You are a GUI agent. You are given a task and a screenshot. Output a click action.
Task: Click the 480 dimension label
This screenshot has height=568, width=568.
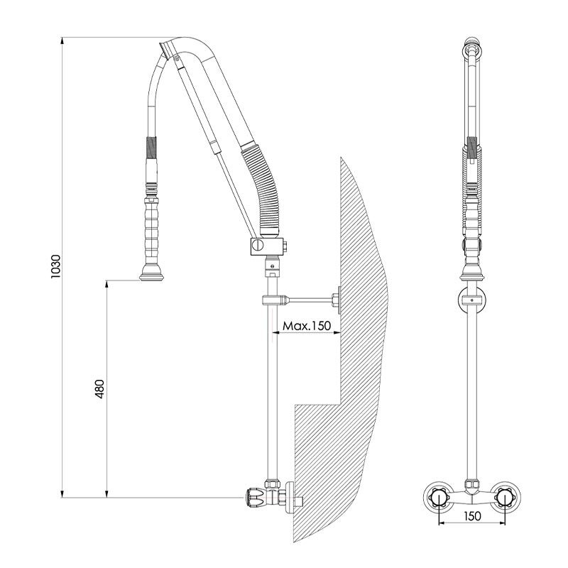point(100,388)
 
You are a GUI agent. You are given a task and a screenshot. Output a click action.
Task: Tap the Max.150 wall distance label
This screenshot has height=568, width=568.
point(307,326)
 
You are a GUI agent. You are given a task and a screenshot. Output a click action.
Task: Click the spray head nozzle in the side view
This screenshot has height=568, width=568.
point(151,275)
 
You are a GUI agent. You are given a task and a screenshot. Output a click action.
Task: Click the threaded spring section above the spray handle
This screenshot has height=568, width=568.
point(151,151)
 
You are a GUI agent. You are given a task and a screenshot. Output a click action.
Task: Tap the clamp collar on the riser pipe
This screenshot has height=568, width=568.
point(273,299)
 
